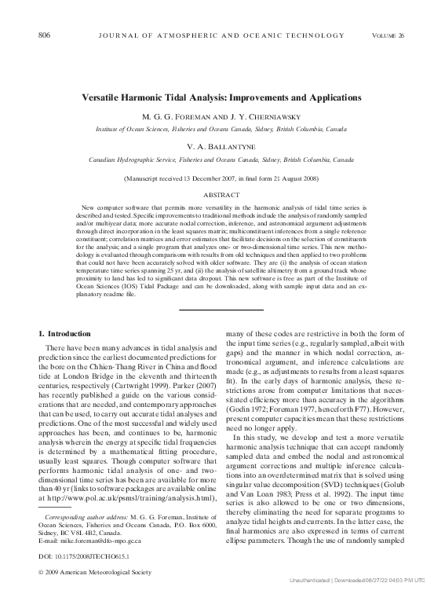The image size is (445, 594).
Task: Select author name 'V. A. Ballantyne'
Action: [x=221, y=146]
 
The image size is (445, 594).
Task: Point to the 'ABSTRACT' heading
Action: [x=221, y=193]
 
